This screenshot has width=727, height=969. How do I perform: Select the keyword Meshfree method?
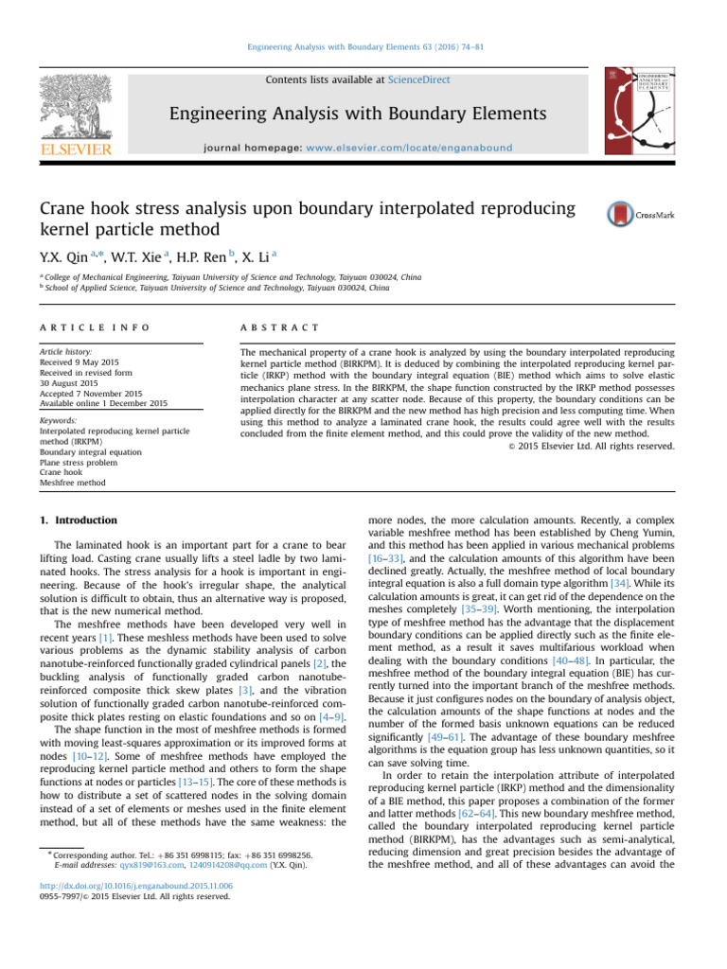tap(72, 483)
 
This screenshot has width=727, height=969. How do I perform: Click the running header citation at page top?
tap(363, 45)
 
